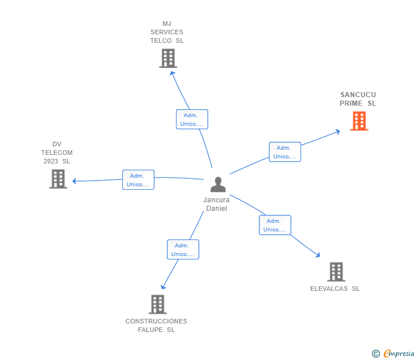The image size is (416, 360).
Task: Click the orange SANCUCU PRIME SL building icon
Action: pyautogui.click(x=359, y=121)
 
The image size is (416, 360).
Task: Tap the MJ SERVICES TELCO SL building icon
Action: pyautogui.click(x=167, y=58)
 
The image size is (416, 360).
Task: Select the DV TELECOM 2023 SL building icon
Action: pyautogui.click(x=58, y=179)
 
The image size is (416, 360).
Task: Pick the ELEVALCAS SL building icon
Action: pyautogui.click(x=336, y=272)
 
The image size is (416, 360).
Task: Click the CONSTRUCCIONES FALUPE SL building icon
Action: pyautogui.click(x=157, y=305)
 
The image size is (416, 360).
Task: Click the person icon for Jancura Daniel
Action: pyautogui.click(x=218, y=185)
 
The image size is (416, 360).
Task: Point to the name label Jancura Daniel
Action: pyautogui.click(x=217, y=204)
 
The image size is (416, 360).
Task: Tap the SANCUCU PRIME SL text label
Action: pyautogui.click(x=358, y=99)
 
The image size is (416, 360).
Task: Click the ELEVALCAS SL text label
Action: pyautogui.click(x=335, y=289)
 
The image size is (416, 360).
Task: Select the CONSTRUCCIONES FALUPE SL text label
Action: pyautogui.click(x=156, y=325)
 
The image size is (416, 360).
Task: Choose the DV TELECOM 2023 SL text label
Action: pyautogui.click(x=57, y=153)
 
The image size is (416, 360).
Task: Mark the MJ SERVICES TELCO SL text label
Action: pyautogui.click(x=167, y=32)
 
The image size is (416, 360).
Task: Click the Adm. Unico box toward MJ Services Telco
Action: pyautogui.click(x=191, y=119)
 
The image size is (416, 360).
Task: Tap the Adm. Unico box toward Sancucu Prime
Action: pyautogui.click(x=285, y=152)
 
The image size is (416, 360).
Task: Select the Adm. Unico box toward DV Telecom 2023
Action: pyautogui.click(x=138, y=180)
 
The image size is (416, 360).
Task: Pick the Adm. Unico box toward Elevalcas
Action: pyautogui.click(x=275, y=225)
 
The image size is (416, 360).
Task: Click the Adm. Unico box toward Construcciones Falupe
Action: pyautogui.click(x=183, y=250)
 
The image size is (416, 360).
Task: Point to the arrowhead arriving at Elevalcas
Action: pyautogui.click(x=317, y=255)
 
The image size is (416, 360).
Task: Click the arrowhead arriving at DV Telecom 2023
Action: pyautogui.click(x=75, y=181)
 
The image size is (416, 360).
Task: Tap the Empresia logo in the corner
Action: pyautogui.click(x=393, y=354)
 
